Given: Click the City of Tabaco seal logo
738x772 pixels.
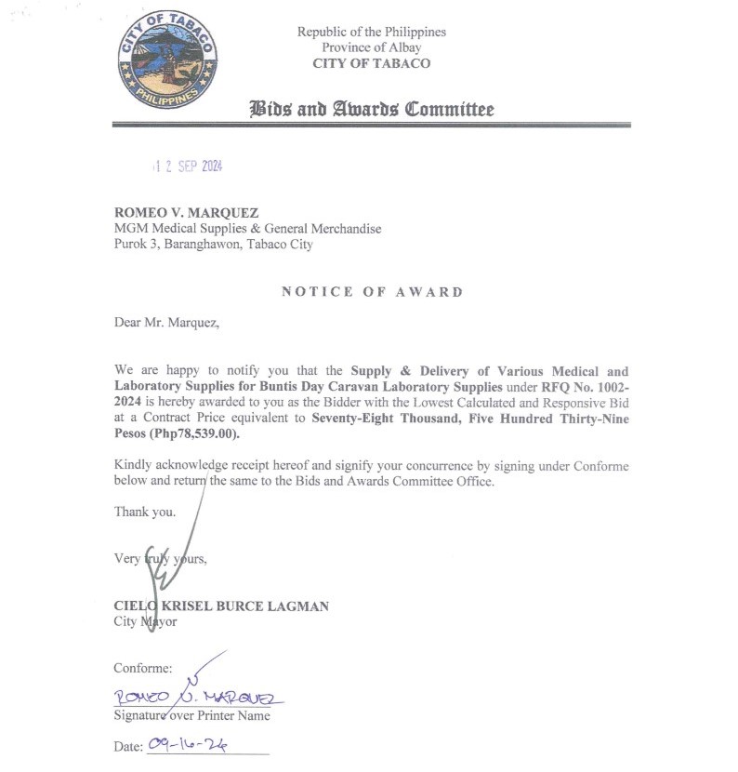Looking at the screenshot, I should tap(169, 60).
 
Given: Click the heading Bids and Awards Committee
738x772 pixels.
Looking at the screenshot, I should tap(372, 110).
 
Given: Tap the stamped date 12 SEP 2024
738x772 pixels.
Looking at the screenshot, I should tap(189, 166).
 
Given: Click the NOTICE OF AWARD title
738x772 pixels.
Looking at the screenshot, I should tap(372, 292).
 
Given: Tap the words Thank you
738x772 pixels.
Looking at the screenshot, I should tap(144, 512).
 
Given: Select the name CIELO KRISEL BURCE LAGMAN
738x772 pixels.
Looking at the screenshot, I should tap(221, 606).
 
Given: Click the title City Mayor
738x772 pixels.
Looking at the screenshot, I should tap(145, 621).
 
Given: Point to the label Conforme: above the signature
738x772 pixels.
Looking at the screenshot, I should tap(142, 668).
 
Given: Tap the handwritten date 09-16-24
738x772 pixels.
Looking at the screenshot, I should tap(188, 745).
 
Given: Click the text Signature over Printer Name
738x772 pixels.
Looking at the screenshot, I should tap(191, 715).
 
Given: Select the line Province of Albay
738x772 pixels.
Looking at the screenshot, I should tap(372, 47).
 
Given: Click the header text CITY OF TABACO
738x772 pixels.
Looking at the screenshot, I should tap(372, 63).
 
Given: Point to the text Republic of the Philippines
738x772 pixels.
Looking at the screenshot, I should tap(372, 32).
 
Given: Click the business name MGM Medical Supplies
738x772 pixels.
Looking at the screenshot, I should tap(247, 229).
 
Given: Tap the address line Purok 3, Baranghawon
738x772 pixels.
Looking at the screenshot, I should tap(213, 245).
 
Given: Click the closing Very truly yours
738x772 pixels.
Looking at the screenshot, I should tap(160, 559).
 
